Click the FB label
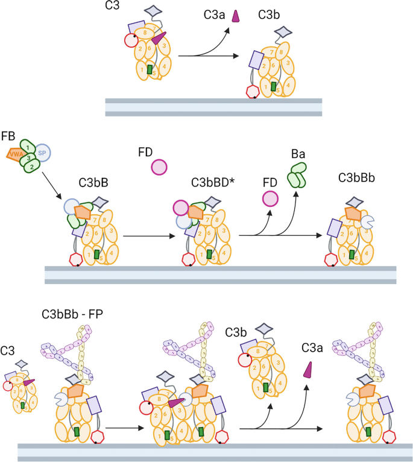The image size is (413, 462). [9, 134]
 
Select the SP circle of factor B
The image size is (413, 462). [42, 152]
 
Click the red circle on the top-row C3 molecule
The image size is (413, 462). [130, 40]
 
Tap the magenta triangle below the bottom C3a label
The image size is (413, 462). [308, 370]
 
